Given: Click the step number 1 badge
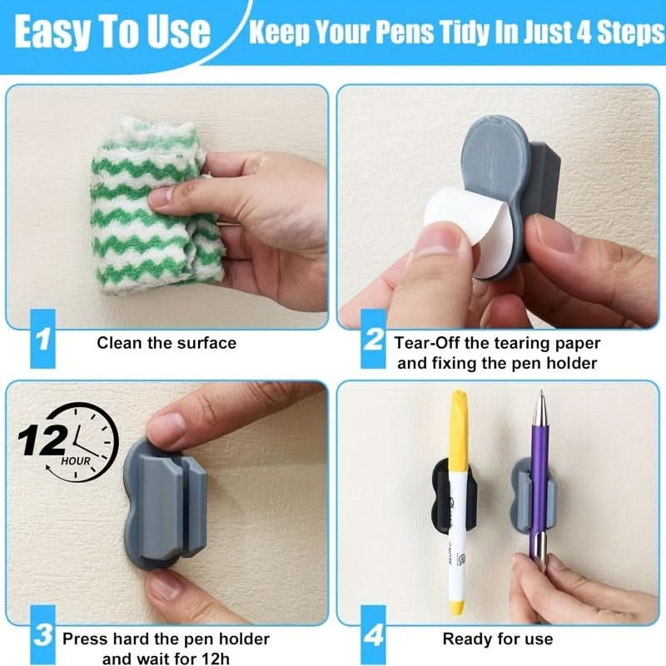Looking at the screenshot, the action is (x=43, y=339).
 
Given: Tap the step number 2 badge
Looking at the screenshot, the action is (x=373, y=339).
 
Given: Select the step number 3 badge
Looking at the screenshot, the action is (x=43, y=635).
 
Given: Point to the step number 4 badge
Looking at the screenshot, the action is (x=373, y=635).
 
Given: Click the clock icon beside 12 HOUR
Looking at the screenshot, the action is (x=85, y=443).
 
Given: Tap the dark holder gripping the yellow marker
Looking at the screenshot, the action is (x=454, y=495).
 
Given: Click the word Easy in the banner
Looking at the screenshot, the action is (x=54, y=32).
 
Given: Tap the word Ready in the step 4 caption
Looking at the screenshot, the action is (x=467, y=639).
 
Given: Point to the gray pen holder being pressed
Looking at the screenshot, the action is (x=165, y=504).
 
